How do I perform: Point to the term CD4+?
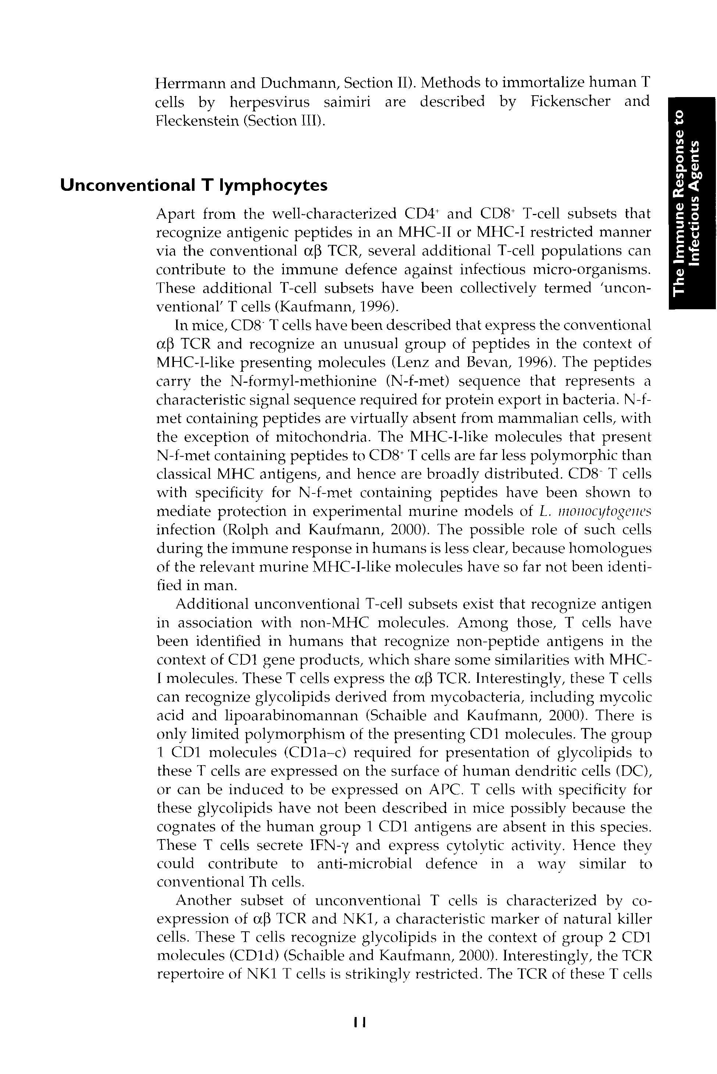click(x=422, y=214)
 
